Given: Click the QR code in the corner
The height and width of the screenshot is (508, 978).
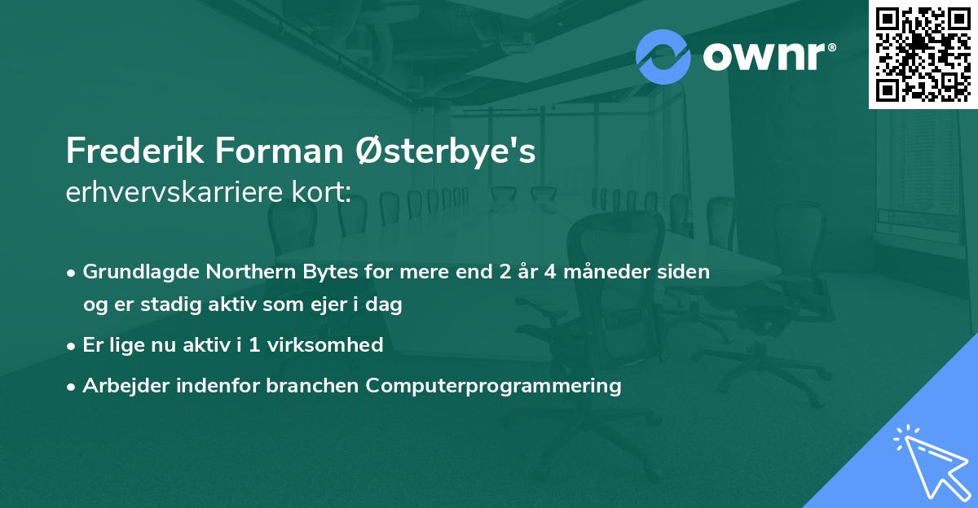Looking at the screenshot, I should (923, 54).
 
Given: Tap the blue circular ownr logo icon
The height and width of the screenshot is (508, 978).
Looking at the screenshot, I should (663, 56).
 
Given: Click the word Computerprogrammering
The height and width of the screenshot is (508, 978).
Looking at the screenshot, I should (494, 385).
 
